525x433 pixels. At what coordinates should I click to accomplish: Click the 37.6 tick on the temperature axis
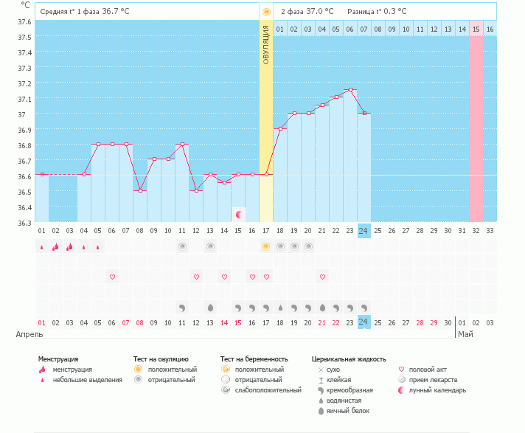[24, 21]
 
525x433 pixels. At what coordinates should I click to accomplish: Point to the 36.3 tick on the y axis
[24, 223]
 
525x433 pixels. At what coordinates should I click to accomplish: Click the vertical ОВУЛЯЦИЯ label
[266, 44]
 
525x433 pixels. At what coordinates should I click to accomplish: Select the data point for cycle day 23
[350, 90]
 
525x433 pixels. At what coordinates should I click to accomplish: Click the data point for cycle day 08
[140, 190]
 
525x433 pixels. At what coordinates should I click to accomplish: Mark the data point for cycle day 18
[280, 128]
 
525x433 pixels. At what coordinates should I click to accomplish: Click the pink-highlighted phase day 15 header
[476, 29]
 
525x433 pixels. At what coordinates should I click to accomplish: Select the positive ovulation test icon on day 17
[266, 246]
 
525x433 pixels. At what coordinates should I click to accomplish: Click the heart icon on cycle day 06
[112, 277]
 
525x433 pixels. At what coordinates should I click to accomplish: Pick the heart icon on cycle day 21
[322, 277]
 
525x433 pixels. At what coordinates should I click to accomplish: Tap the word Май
[465, 334]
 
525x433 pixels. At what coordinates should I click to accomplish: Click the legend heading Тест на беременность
[252, 359]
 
